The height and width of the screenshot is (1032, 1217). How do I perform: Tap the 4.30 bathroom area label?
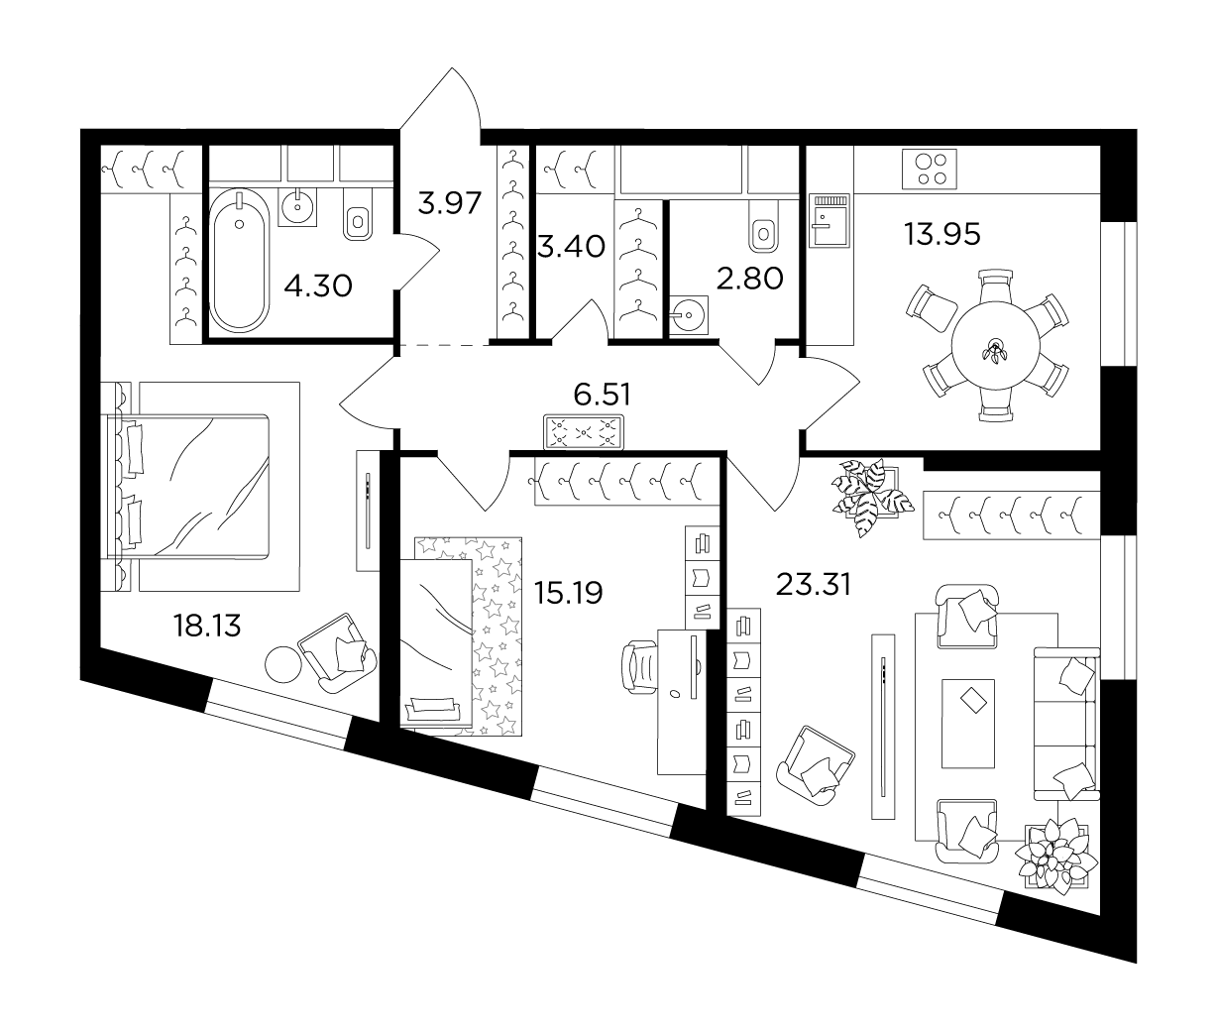[x=318, y=287]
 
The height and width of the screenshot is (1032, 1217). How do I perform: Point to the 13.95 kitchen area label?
[x=942, y=234]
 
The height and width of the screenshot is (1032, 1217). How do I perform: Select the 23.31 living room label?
[x=813, y=585]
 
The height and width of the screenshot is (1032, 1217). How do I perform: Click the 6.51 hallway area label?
[x=603, y=395]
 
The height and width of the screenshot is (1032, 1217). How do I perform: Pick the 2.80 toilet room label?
[x=749, y=278]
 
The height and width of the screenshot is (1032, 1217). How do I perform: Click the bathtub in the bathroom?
[x=239, y=261]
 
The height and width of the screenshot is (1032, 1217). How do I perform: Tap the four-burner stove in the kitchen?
[x=929, y=169]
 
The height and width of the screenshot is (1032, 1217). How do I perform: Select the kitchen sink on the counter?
[x=829, y=220]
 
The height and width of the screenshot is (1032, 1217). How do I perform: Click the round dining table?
[x=995, y=345]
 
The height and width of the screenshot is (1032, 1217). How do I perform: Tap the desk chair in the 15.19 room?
[x=640, y=668]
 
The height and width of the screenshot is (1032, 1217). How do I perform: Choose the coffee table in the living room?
[x=968, y=724]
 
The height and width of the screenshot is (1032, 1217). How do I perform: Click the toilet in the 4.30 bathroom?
[x=357, y=214]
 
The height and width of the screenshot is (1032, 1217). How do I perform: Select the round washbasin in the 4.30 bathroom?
[x=297, y=207]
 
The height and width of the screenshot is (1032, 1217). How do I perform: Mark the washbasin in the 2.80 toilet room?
[x=689, y=314]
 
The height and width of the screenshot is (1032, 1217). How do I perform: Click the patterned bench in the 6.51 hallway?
[x=583, y=432]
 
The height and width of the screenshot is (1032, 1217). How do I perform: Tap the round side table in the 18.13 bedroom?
[x=283, y=664]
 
